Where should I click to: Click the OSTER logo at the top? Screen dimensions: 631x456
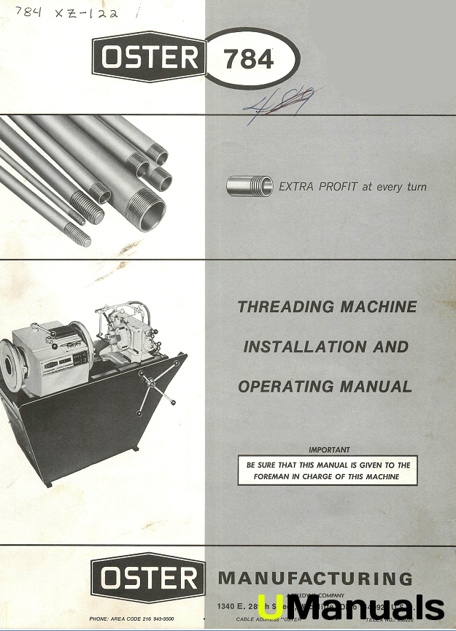point(148,58)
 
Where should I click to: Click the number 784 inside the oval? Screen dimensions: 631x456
point(250,58)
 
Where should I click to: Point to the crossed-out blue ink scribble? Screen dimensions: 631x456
point(276,109)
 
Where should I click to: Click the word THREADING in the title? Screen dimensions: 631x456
point(285,307)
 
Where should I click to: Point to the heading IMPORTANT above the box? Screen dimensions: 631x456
point(329,450)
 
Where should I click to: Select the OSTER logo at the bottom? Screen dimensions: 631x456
point(147,579)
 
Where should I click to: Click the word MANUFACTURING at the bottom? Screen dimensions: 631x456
point(315,579)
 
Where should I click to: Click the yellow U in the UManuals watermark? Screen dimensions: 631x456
point(268,605)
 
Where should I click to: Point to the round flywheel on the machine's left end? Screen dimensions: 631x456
point(13,364)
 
